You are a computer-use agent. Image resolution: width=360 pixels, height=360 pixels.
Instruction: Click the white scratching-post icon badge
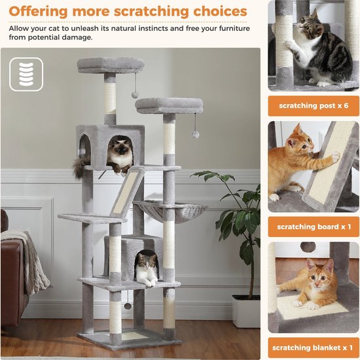[x=26, y=74]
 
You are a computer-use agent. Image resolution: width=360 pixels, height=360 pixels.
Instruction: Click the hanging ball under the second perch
[x=196, y=134]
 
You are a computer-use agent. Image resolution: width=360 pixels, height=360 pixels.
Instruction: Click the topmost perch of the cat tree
[x=110, y=65]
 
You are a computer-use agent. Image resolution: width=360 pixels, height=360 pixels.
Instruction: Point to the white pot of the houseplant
[x=246, y=310]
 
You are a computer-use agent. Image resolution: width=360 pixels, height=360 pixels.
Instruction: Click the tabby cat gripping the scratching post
[x=314, y=49]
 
